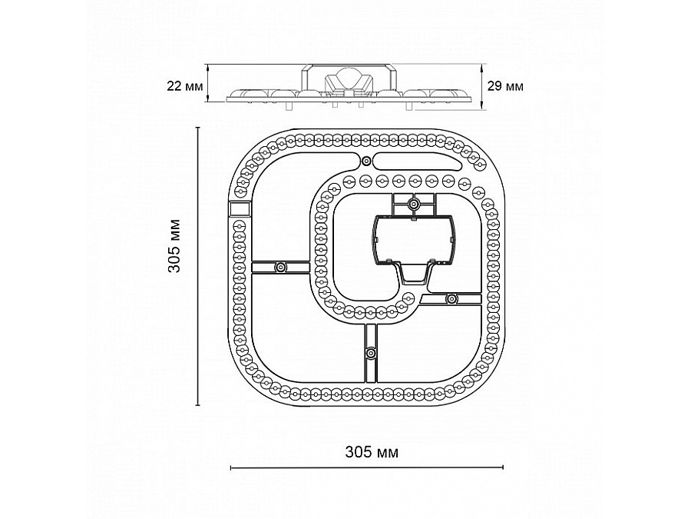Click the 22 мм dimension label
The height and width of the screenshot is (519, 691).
(x=184, y=85)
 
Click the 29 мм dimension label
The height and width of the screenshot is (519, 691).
(x=505, y=85)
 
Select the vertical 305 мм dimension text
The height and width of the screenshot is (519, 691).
(x=174, y=246)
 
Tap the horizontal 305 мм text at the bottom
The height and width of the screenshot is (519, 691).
(x=372, y=452)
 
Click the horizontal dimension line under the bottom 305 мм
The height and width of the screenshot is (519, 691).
(x=367, y=467)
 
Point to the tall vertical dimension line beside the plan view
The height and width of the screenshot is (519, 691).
(x=198, y=266)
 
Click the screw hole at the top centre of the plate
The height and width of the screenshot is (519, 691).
(x=366, y=161)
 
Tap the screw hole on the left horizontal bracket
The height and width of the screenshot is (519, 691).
(x=280, y=267)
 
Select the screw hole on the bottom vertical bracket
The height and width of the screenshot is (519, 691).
(x=371, y=353)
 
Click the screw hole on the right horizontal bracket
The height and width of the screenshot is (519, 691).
(x=451, y=299)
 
